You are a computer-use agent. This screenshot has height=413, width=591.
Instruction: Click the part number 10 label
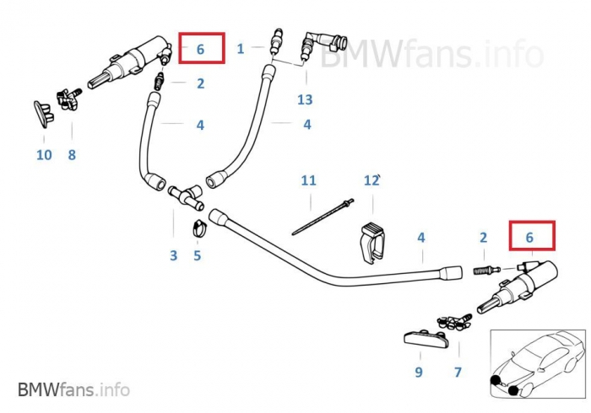point(44,155)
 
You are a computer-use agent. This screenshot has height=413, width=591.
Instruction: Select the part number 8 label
point(72,155)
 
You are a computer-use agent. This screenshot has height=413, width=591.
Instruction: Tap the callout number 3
point(173,255)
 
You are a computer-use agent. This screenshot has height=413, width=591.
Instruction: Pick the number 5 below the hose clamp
point(197,255)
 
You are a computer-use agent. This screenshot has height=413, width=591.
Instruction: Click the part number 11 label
point(308,180)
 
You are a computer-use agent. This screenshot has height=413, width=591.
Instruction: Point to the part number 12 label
point(371,180)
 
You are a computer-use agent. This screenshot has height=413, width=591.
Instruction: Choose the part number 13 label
point(304,99)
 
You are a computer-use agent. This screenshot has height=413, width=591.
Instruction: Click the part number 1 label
point(240,49)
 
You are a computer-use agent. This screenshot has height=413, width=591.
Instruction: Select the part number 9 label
point(418,371)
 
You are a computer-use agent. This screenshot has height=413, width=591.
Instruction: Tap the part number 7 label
point(458,371)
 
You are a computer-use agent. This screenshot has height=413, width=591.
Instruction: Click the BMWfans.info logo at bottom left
point(73,389)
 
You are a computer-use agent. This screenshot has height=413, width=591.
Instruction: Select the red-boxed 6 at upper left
point(200,49)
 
